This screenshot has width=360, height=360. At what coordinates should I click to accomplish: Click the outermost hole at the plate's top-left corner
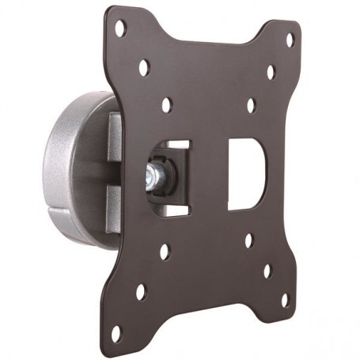click(120, 30)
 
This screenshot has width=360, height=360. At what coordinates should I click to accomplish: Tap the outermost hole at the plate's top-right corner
click(290, 38)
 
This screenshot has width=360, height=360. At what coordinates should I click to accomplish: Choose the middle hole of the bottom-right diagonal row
click(267, 271)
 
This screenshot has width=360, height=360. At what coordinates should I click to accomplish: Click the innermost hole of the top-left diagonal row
click(167, 104)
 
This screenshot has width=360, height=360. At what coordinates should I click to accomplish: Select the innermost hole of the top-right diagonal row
click(251, 104)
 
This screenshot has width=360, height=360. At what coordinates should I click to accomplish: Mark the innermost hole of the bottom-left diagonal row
click(165, 252)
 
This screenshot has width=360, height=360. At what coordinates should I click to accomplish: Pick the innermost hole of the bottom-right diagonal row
click(248, 240)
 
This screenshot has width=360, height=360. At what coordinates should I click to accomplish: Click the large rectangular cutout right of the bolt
click(244, 173)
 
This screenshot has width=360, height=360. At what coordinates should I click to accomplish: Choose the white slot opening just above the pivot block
click(179, 146)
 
